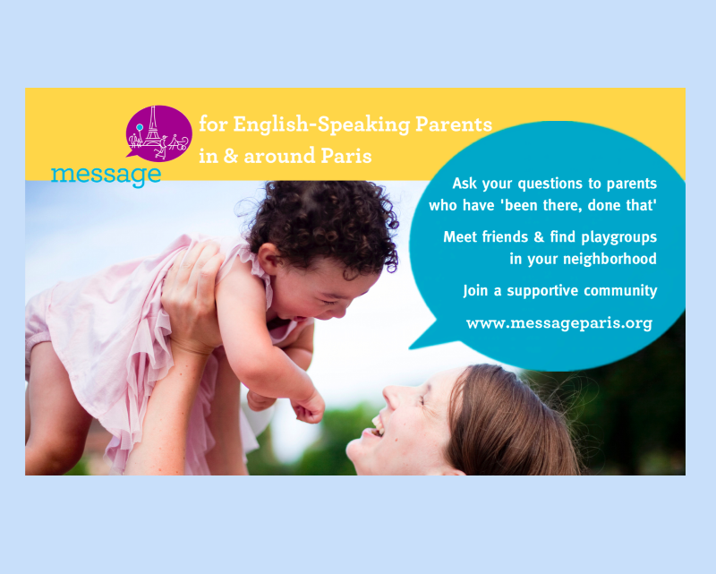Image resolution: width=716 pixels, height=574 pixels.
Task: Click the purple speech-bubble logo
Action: [158, 133]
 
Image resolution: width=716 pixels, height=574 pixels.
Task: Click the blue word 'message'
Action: [106, 175]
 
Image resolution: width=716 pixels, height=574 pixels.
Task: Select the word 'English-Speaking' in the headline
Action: [321, 124]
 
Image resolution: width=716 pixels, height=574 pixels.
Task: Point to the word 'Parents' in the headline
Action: [454, 124]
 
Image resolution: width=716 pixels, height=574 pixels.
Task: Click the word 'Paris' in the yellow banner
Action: [346, 156]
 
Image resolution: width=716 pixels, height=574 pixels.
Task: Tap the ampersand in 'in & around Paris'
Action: [231, 156]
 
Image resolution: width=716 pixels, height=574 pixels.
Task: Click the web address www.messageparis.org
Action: [558, 323]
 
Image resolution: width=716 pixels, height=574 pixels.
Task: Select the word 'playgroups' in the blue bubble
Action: [618, 237]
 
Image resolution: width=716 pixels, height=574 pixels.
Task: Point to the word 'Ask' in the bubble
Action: [465, 184]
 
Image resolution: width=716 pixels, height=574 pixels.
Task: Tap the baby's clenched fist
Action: [309, 408]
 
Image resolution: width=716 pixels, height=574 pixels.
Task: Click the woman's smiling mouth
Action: [375, 426]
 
